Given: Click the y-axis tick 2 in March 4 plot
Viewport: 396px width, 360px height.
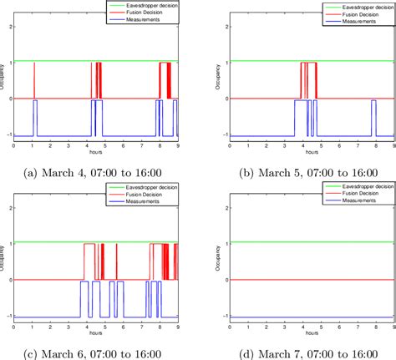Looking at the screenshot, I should pyautogui.click(x=9, y=25).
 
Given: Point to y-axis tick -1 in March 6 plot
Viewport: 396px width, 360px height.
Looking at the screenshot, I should pyautogui.click(x=8, y=317).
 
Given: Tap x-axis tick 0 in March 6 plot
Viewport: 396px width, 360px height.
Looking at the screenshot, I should pyautogui.click(x=14, y=327).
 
